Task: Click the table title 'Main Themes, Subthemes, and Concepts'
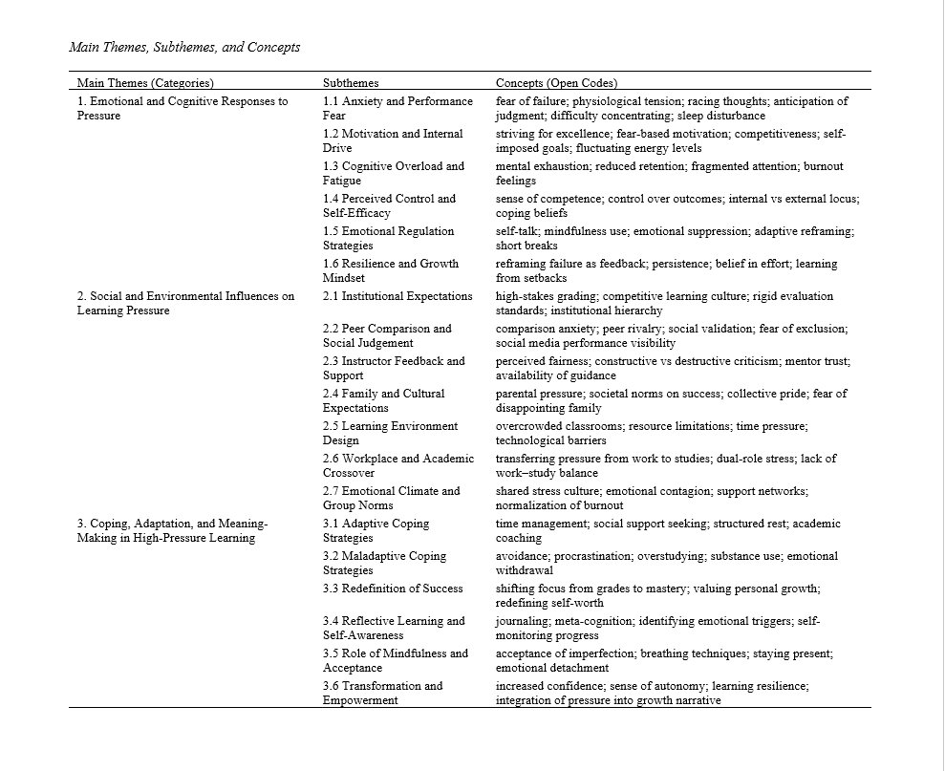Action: point(184,47)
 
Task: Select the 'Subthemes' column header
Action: point(351,83)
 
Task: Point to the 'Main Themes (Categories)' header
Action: point(145,83)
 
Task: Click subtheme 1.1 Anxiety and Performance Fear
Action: point(397,108)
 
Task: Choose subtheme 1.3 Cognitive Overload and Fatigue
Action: point(393,173)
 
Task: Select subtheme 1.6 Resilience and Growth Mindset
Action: point(390,270)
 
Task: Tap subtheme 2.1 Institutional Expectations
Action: point(397,296)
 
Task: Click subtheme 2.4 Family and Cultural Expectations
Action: point(383,400)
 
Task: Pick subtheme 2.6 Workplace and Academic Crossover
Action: point(397,465)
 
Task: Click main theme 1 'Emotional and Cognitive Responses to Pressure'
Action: point(182,108)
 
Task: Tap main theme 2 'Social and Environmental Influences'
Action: point(185,303)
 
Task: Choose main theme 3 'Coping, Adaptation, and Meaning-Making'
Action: point(172,530)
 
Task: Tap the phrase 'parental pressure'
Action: point(540,394)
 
